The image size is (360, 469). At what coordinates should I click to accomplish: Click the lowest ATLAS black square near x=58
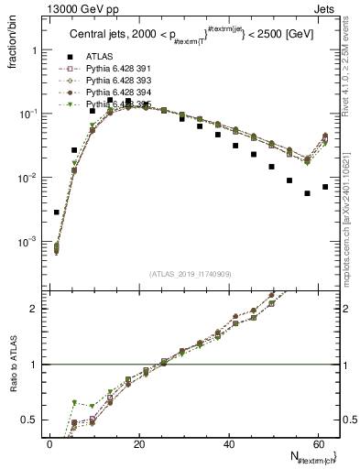pos(307,193)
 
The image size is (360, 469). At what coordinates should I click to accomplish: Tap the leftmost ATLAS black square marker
pos(57,213)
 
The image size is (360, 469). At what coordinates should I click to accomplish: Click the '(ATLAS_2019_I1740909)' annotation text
pos(190,274)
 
